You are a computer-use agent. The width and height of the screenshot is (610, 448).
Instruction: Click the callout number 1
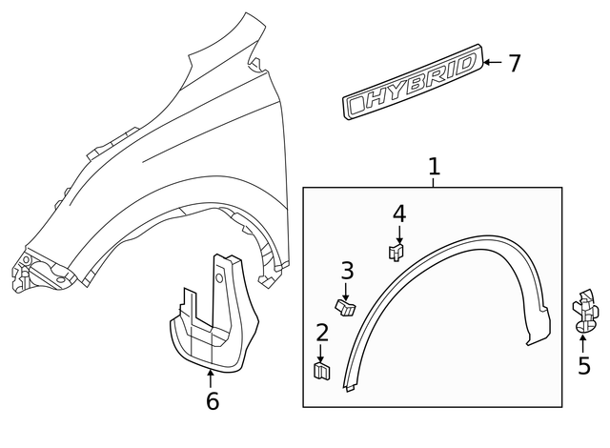coord(434,168)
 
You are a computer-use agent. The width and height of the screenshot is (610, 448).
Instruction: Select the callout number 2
coord(322,333)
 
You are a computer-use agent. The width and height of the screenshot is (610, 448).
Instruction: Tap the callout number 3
coord(348,270)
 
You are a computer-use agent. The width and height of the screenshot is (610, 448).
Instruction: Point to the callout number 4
coord(399,213)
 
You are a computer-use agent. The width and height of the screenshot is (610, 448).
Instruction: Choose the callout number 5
coord(583,365)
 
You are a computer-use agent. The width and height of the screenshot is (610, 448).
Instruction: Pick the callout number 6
coord(212,401)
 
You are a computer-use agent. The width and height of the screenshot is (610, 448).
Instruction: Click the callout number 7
coord(514,64)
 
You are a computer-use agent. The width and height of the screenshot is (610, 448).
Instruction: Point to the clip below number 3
coord(346,305)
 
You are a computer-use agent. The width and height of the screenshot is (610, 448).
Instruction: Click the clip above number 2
coord(321,369)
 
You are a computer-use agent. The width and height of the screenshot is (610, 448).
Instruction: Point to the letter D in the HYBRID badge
coord(462,70)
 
